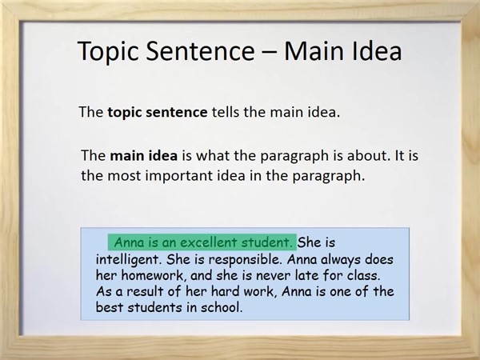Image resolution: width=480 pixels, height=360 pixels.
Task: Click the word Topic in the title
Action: click(x=111, y=54)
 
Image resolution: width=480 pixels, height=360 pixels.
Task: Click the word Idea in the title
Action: click(x=373, y=52)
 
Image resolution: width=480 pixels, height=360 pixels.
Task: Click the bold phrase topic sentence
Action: click(x=158, y=113)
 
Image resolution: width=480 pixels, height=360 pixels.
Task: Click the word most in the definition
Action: click(x=123, y=175)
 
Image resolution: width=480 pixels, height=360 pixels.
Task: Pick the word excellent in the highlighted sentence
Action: click(x=197, y=242)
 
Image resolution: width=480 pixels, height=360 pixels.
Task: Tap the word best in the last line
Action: click(x=108, y=306)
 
